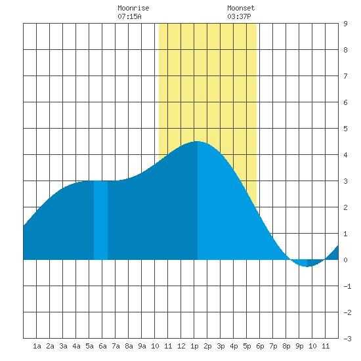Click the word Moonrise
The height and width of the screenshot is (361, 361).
[133, 8]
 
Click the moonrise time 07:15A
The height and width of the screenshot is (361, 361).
[129, 16]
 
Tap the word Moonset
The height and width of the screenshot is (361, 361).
[241, 8]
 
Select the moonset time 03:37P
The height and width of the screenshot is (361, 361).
[239, 16]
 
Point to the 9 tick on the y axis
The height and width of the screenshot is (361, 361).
[345, 24]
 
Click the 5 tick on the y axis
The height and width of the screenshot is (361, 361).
[345, 129]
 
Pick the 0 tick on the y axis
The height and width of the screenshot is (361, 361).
[345, 260]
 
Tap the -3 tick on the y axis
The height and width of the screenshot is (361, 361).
[347, 339]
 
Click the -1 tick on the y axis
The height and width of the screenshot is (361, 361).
[347, 286]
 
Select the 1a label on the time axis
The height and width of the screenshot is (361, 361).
[37, 346]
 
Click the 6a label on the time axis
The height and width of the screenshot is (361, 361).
[102, 346]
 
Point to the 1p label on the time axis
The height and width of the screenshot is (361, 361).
[194, 346]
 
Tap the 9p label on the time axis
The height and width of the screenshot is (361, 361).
[299, 346]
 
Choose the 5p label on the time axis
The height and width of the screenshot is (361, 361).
[247, 346]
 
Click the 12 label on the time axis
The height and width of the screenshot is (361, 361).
[181, 346]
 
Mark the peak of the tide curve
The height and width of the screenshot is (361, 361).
[198, 141]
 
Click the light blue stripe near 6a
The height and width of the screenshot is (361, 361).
[100, 220]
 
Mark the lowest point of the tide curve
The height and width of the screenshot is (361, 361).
[307, 266]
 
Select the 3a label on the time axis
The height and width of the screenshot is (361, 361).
[63, 346]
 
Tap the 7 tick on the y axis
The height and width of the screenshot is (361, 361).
[345, 76]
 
